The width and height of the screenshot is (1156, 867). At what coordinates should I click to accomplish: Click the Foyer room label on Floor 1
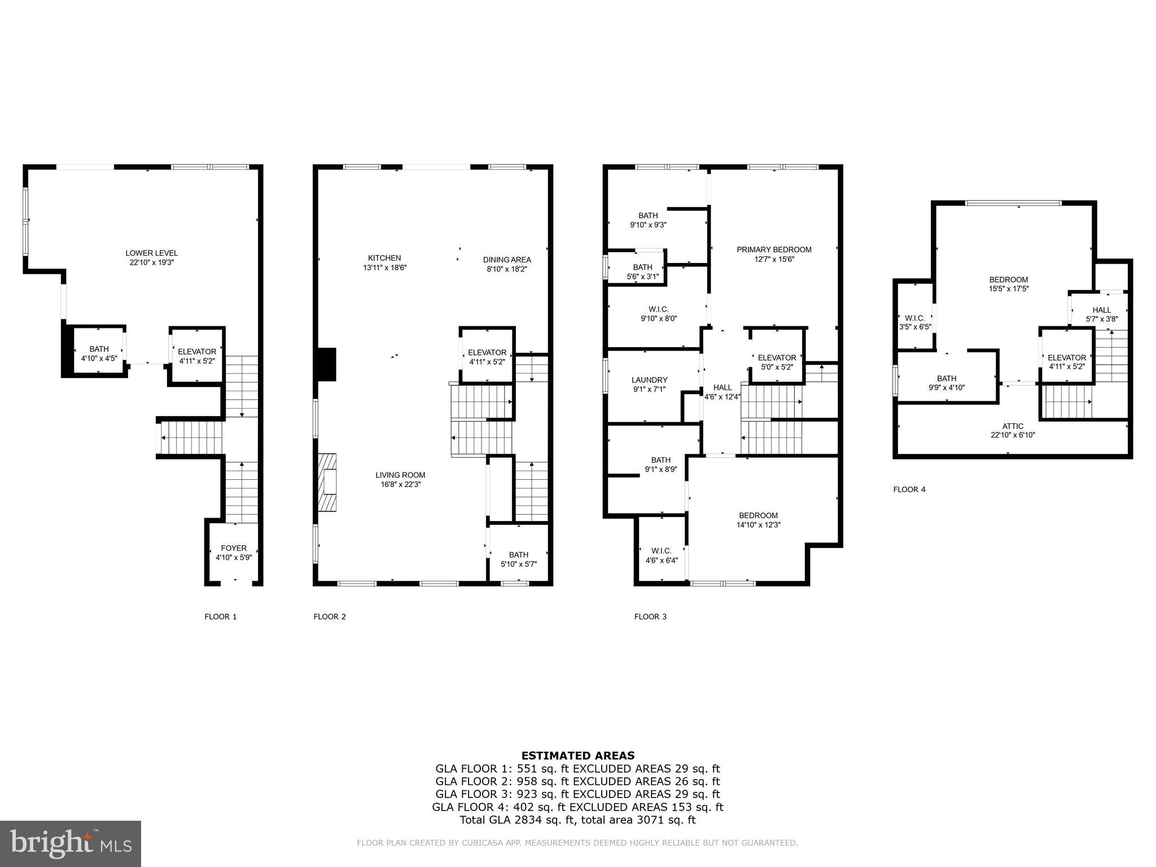[x=234, y=553]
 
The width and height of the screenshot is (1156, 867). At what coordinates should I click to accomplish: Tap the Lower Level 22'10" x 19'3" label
[x=151, y=257]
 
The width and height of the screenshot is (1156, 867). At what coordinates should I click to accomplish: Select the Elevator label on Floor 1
[x=197, y=356]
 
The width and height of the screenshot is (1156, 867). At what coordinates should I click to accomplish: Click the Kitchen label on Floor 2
[x=384, y=262]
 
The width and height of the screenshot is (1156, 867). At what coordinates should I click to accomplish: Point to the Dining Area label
[x=507, y=264]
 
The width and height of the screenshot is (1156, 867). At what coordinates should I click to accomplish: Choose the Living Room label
[x=400, y=479]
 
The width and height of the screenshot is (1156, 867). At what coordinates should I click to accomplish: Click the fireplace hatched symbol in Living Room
[x=327, y=483]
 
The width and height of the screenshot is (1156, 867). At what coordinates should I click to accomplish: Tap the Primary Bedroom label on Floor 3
[x=774, y=254]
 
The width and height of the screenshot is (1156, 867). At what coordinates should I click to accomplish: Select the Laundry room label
[x=649, y=384]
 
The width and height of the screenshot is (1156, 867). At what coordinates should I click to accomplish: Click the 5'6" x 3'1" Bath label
[x=642, y=272]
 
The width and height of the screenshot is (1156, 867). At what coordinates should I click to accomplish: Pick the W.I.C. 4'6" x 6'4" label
[x=661, y=555]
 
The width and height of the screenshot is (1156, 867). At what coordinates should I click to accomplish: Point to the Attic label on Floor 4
[x=1013, y=430]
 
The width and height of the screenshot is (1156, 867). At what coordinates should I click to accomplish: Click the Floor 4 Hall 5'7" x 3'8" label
[x=1101, y=314]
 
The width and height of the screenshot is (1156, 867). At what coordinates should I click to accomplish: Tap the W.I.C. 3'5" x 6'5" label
[x=914, y=322]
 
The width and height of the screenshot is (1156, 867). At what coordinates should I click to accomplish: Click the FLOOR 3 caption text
[x=650, y=616]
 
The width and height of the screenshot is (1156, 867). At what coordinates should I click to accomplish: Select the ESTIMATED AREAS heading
[x=577, y=755]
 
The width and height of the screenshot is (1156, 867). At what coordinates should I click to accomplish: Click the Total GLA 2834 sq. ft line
[x=577, y=820]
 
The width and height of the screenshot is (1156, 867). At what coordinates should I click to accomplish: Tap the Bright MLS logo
[x=71, y=843]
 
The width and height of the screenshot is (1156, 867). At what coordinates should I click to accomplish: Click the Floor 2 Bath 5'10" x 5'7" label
[x=518, y=559]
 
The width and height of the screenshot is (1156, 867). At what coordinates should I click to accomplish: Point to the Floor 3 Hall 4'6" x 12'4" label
[x=722, y=392]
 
